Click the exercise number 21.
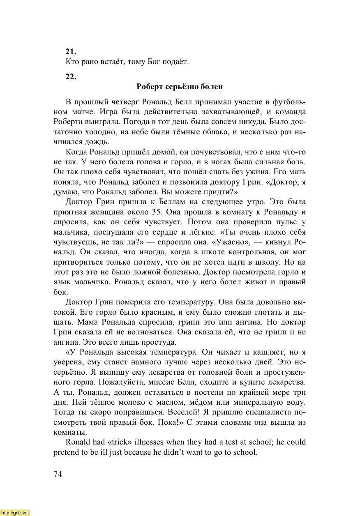71,51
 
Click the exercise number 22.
71,76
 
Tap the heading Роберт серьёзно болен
180,87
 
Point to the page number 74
58,474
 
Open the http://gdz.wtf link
15,513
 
